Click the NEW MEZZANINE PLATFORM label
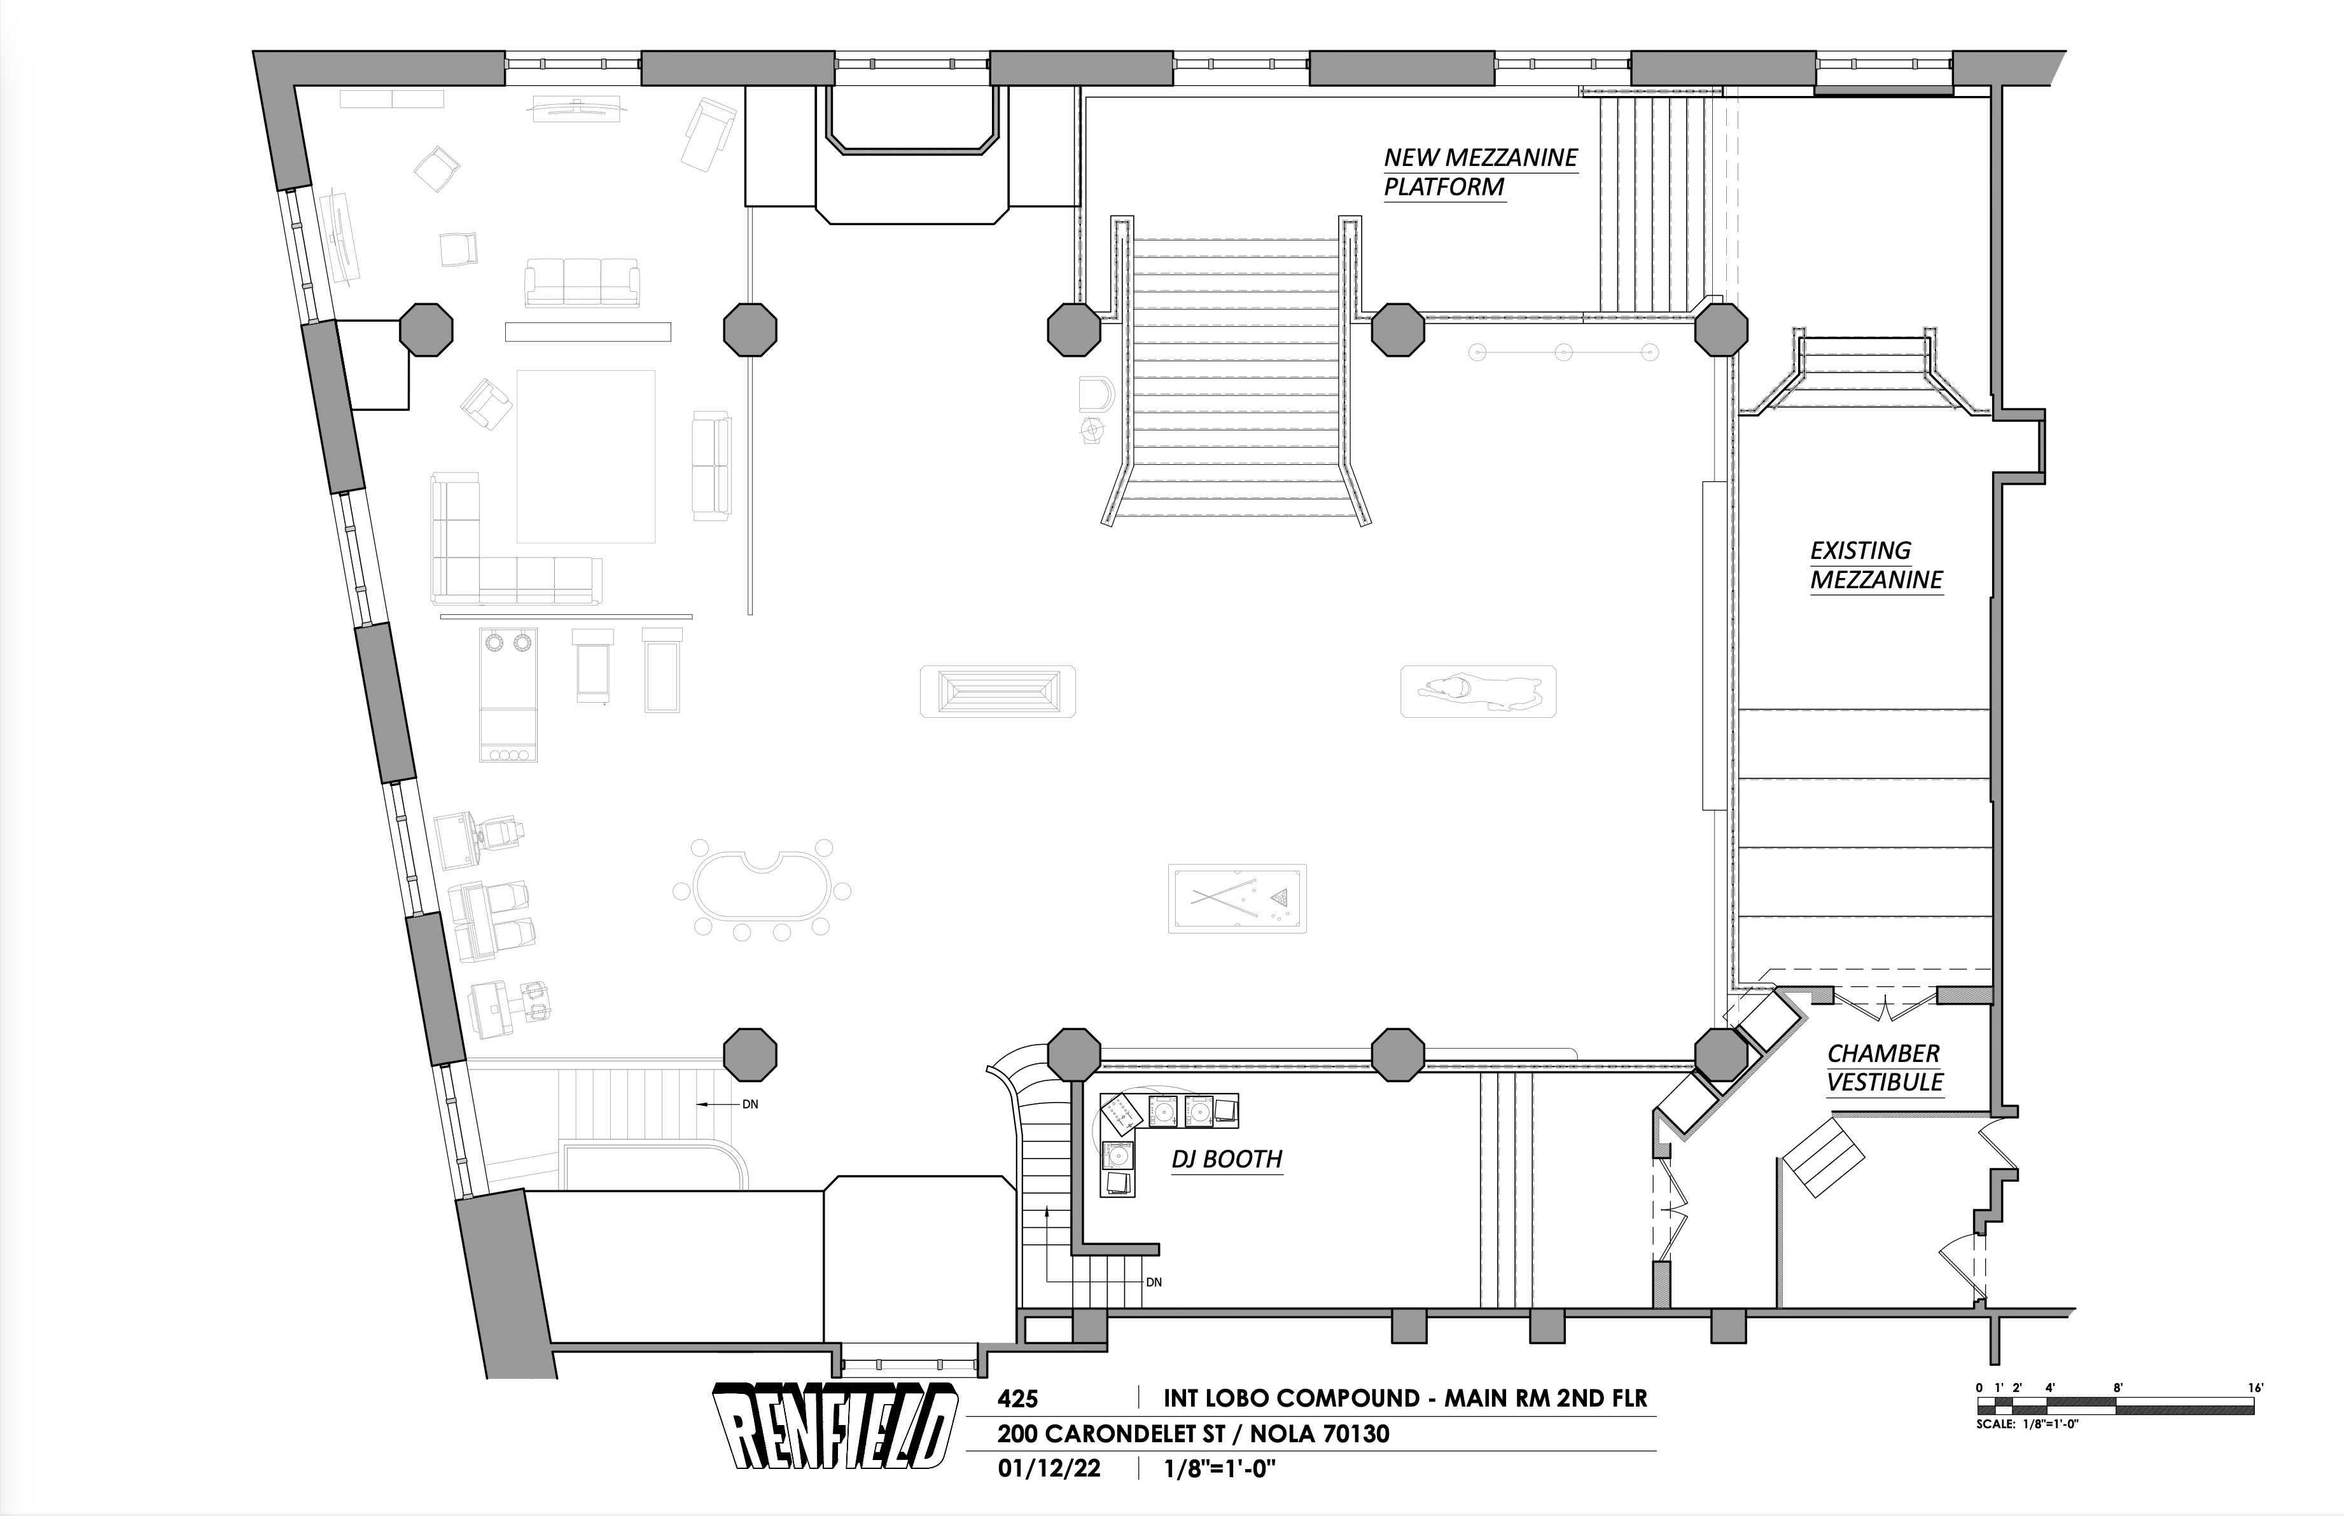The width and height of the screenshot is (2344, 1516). point(1480,172)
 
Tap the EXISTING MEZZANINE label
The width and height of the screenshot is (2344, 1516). point(1876,566)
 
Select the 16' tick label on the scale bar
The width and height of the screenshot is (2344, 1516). point(2256,1388)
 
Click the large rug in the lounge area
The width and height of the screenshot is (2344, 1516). point(586,457)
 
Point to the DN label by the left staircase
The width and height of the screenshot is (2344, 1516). point(750,1105)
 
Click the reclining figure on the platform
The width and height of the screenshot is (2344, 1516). point(1477,691)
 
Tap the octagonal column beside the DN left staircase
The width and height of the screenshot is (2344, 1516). point(750,1054)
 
